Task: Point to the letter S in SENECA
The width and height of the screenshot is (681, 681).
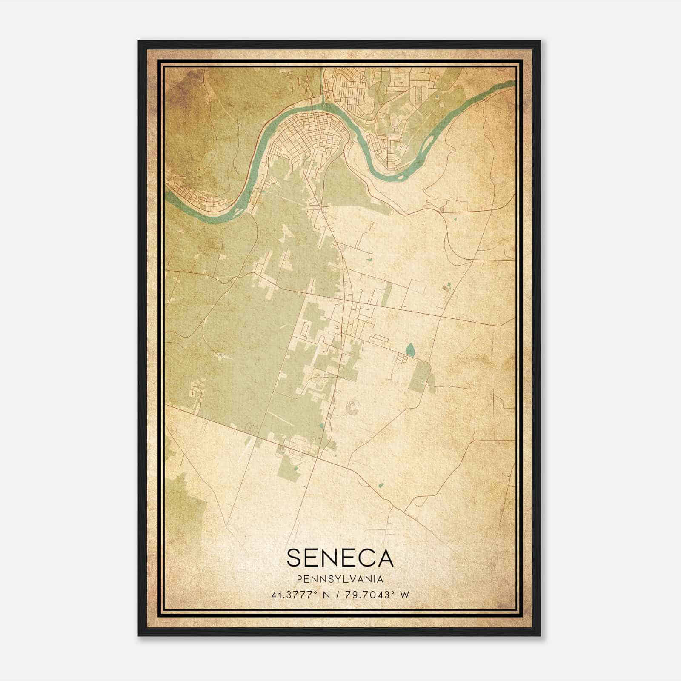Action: tap(295, 558)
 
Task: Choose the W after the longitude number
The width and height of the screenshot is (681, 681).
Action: tap(404, 595)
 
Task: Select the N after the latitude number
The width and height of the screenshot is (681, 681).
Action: tap(327, 595)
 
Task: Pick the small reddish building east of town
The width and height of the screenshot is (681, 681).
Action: tap(446, 288)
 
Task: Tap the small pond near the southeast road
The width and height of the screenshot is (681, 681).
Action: tap(381, 484)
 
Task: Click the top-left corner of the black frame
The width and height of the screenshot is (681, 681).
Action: tap(139, 41)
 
